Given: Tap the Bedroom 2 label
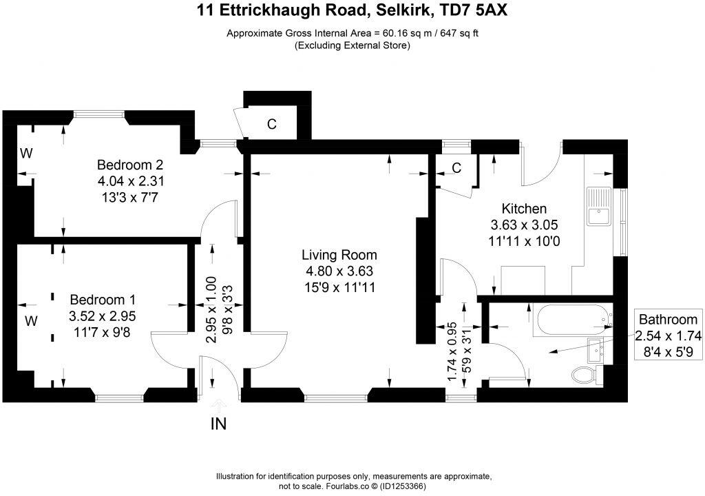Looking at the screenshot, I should (130, 165).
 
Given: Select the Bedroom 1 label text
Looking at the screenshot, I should (103, 300).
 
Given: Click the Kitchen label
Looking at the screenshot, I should (523, 209).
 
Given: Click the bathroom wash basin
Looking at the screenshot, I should (596, 349).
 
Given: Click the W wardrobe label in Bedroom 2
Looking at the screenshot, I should (25, 154).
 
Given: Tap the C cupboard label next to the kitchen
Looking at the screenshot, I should (456, 168).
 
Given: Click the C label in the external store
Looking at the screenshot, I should (272, 125).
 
